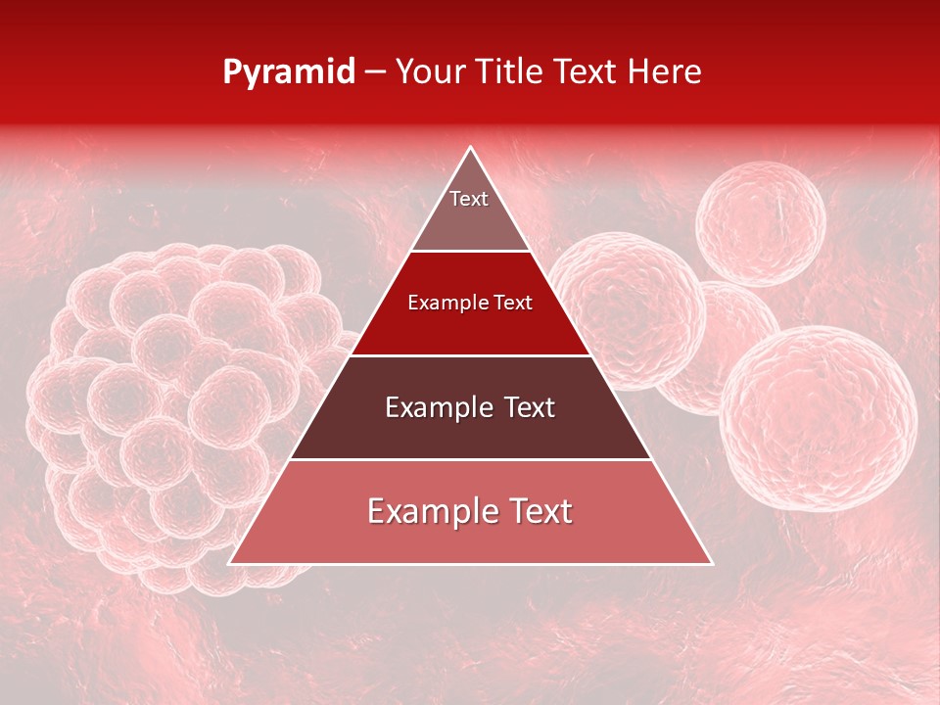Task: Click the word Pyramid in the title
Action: [x=289, y=71]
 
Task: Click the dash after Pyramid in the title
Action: [x=375, y=72]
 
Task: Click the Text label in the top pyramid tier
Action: [x=469, y=199]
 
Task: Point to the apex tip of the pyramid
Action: [x=471, y=149]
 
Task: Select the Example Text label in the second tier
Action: [x=470, y=303]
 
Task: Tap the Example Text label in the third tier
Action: [x=470, y=407]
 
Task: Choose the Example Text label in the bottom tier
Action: [x=470, y=511]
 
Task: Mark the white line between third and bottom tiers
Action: [x=470, y=460]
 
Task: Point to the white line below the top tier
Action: [x=470, y=252]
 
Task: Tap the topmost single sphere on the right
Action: [x=760, y=224]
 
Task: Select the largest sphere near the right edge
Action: [x=818, y=418]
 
